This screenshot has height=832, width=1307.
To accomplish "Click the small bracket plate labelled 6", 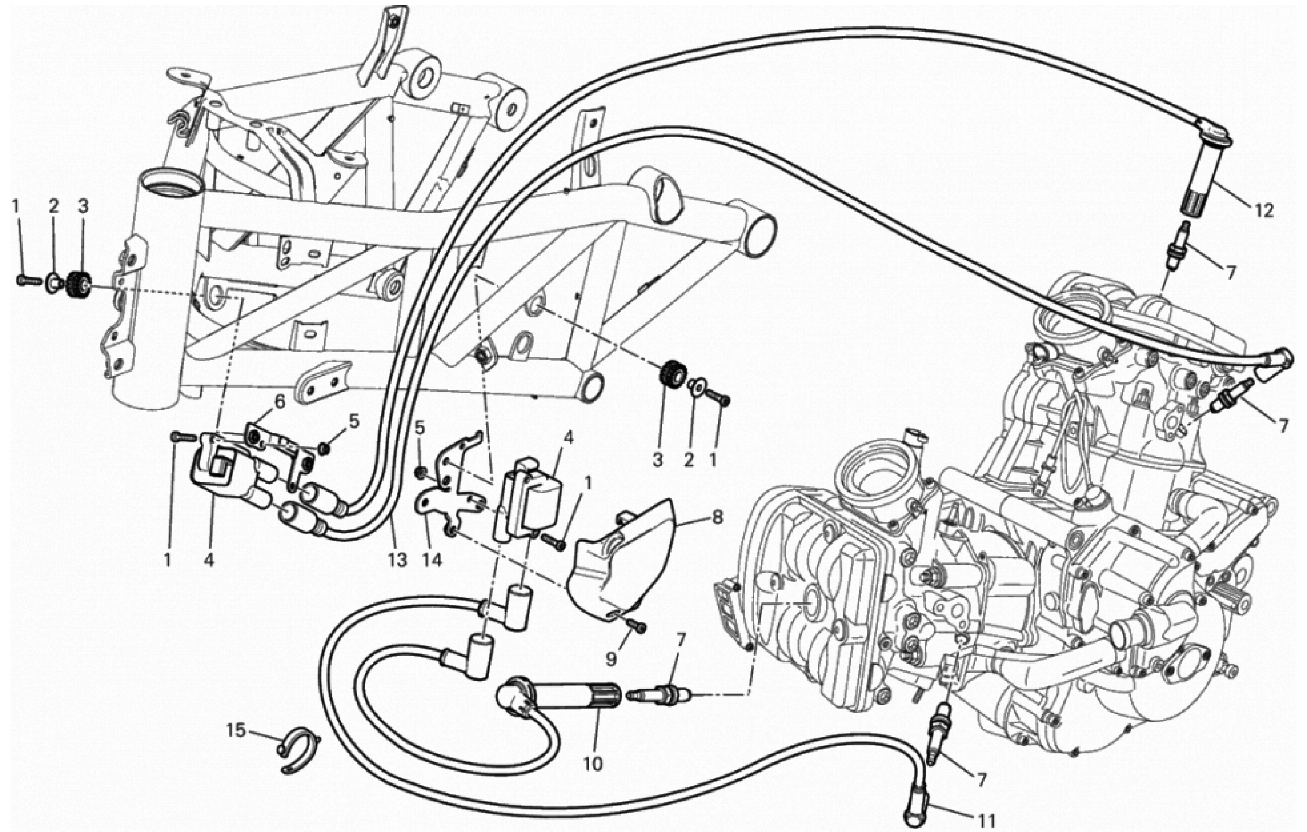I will point(279,442).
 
